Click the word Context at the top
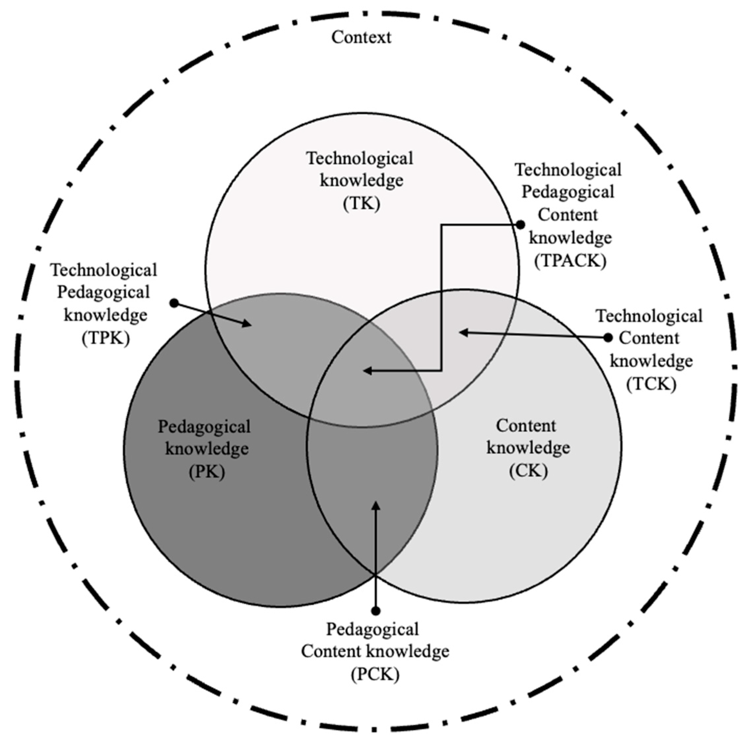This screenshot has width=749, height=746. tap(361, 38)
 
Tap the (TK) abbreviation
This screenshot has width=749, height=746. tap(361, 203)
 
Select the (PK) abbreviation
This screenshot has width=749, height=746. tap(207, 472)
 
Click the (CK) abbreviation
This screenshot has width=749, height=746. tap(528, 471)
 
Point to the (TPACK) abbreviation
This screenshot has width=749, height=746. tap(570, 261)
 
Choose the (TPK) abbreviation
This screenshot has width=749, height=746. tap(106, 338)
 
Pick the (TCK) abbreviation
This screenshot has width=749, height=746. tap(651, 384)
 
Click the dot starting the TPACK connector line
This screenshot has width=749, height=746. tap(521, 224)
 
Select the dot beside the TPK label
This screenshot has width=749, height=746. tap(175, 303)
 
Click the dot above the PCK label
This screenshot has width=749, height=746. tap(375, 611)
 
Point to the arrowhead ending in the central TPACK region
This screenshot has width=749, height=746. tap(366, 371)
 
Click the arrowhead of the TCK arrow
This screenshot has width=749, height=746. tap(462, 332)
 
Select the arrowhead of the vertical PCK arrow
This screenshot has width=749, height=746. tap(375, 506)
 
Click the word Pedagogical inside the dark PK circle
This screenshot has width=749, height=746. tap(204, 427)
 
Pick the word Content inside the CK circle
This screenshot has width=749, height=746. tap(526, 426)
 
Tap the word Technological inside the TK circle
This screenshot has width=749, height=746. tap(360, 158)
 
